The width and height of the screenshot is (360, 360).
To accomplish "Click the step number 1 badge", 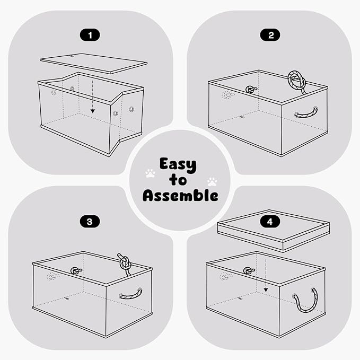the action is tap(90, 35).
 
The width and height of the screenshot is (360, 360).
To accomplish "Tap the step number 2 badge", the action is tap(270, 35).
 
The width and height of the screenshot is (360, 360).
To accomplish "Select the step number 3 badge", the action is tap(90, 222).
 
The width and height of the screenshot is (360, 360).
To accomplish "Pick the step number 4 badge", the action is tap(270, 222).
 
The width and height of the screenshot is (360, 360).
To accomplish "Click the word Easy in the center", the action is tap(178, 165).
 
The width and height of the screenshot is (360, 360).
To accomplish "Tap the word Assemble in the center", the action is tap(180, 196).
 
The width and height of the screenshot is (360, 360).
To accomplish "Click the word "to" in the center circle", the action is tap(178, 180).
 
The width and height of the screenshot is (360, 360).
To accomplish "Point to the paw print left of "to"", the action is tap(150, 173).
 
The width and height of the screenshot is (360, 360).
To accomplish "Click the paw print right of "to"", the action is tap(212, 181).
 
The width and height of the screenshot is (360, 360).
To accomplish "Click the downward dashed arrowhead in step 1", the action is tap(93, 111).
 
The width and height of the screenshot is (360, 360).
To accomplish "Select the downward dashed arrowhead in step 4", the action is tap(266, 290).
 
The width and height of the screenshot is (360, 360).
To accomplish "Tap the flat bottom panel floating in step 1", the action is tap(93, 64).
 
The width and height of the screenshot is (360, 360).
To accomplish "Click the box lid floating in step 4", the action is tap(274, 230).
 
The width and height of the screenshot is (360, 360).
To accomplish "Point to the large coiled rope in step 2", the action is tap(296, 81).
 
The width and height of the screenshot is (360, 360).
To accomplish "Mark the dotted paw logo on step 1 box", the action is tap(54, 93).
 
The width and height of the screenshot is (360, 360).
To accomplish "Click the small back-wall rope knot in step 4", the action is tap(249, 271).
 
